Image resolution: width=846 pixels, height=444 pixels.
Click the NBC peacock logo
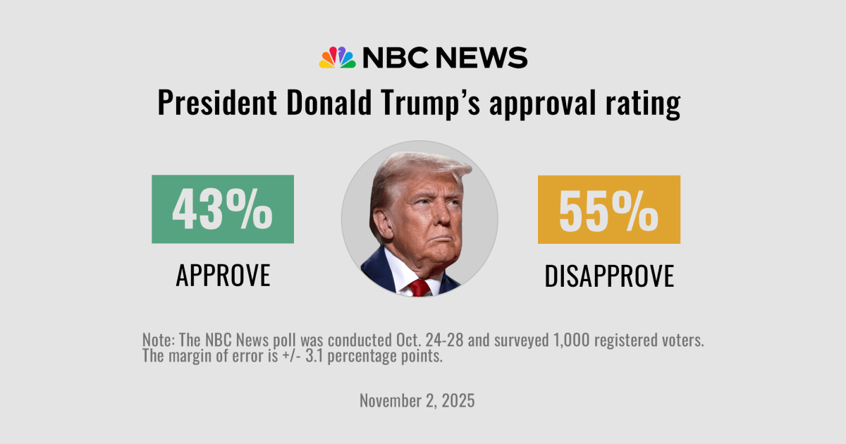coord(337,58)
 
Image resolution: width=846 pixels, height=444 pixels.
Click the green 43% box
coord(223,209)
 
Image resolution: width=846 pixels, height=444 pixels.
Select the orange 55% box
coord(609,209)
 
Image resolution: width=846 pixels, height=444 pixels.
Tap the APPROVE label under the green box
coord(223,276)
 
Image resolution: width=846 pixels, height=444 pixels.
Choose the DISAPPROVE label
coord(609,276)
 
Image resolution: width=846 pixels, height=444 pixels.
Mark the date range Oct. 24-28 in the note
coord(405,340)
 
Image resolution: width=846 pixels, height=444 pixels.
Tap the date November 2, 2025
coord(417,401)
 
